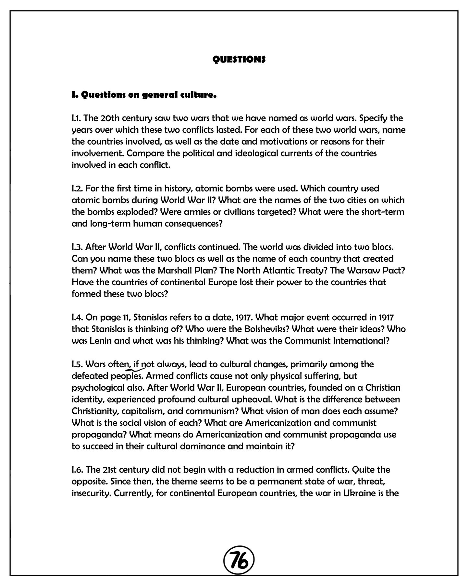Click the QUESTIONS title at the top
coord(239,59)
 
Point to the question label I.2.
coord(78,189)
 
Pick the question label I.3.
coord(78,247)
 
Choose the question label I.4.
coord(78,317)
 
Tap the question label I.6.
coord(78,470)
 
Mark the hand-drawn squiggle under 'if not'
coord(136,368)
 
